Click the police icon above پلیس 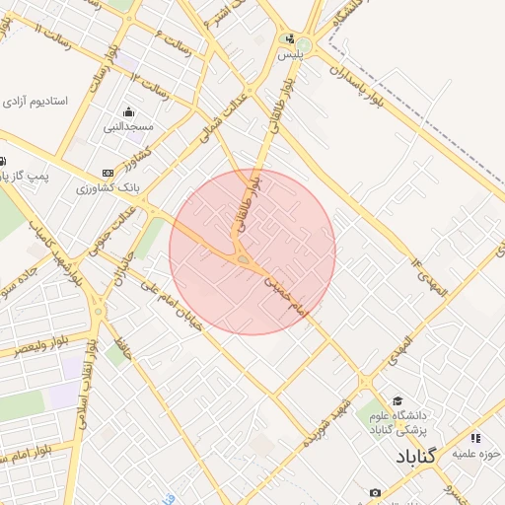[x=289, y=40]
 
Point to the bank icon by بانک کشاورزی [x=108, y=173]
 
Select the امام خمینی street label [x=286, y=295]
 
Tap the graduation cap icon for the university [x=396, y=401]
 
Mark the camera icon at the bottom [x=375, y=492]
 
